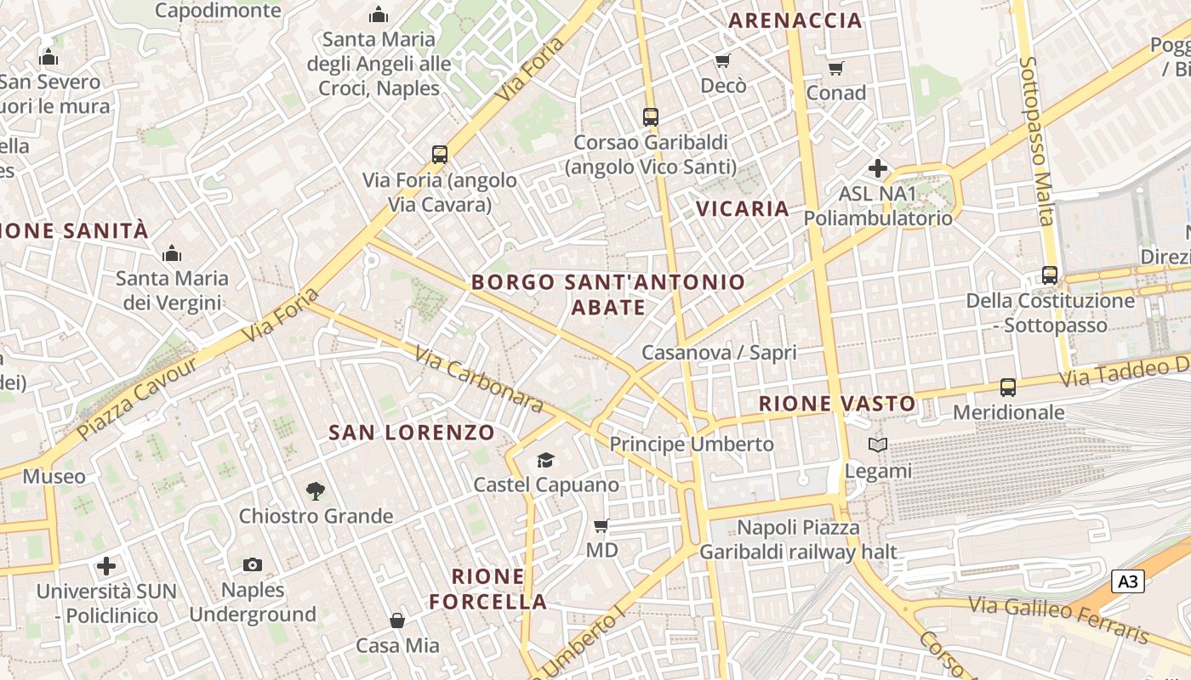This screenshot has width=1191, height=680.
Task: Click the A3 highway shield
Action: (x=1127, y=581)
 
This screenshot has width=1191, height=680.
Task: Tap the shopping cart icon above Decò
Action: (x=722, y=60)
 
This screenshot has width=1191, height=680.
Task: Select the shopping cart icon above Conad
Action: (x=835, y=68)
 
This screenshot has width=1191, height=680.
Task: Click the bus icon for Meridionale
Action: (x=1008, y=388)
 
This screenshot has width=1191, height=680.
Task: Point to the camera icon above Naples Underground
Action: (x=252, y=564)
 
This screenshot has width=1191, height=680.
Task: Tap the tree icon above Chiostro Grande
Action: (x=315, y=490)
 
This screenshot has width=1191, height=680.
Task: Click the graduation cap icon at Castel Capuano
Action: (x=545, y=460)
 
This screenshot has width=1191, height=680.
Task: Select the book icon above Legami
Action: (x=878, y=445)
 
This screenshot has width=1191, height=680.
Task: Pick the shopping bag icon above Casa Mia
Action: (x=397, y=620)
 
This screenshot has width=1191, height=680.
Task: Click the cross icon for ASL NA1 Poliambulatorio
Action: (x=878, y=168)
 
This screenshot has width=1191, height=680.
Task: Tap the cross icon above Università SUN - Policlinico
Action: (x=106, y=565)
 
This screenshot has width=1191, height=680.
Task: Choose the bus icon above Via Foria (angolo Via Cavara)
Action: (x=440, y=155)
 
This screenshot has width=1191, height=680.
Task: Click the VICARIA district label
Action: (x=743, y=208)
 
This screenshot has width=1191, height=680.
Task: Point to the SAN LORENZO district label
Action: (x=412, y=432)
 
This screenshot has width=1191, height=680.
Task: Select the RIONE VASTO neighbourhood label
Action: (x=837, y=403)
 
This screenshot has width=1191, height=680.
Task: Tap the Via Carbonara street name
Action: (x=479, y=380)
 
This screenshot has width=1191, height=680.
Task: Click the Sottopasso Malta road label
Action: (x=1037, y=140)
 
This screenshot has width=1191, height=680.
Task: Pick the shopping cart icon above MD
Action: (x=601, y=526)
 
